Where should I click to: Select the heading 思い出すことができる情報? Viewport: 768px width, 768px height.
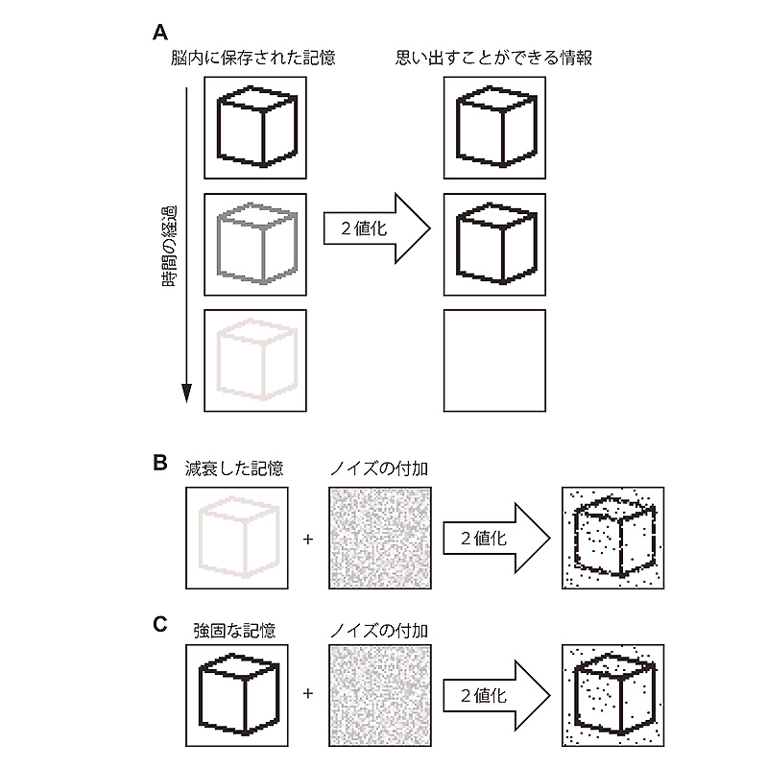click(x=493, y=59)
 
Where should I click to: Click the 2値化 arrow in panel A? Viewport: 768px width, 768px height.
click(x=374, y=230)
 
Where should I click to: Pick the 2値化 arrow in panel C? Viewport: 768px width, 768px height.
click(x=493, y=694)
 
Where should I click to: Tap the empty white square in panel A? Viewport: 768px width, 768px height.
click(x=494, y=360)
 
